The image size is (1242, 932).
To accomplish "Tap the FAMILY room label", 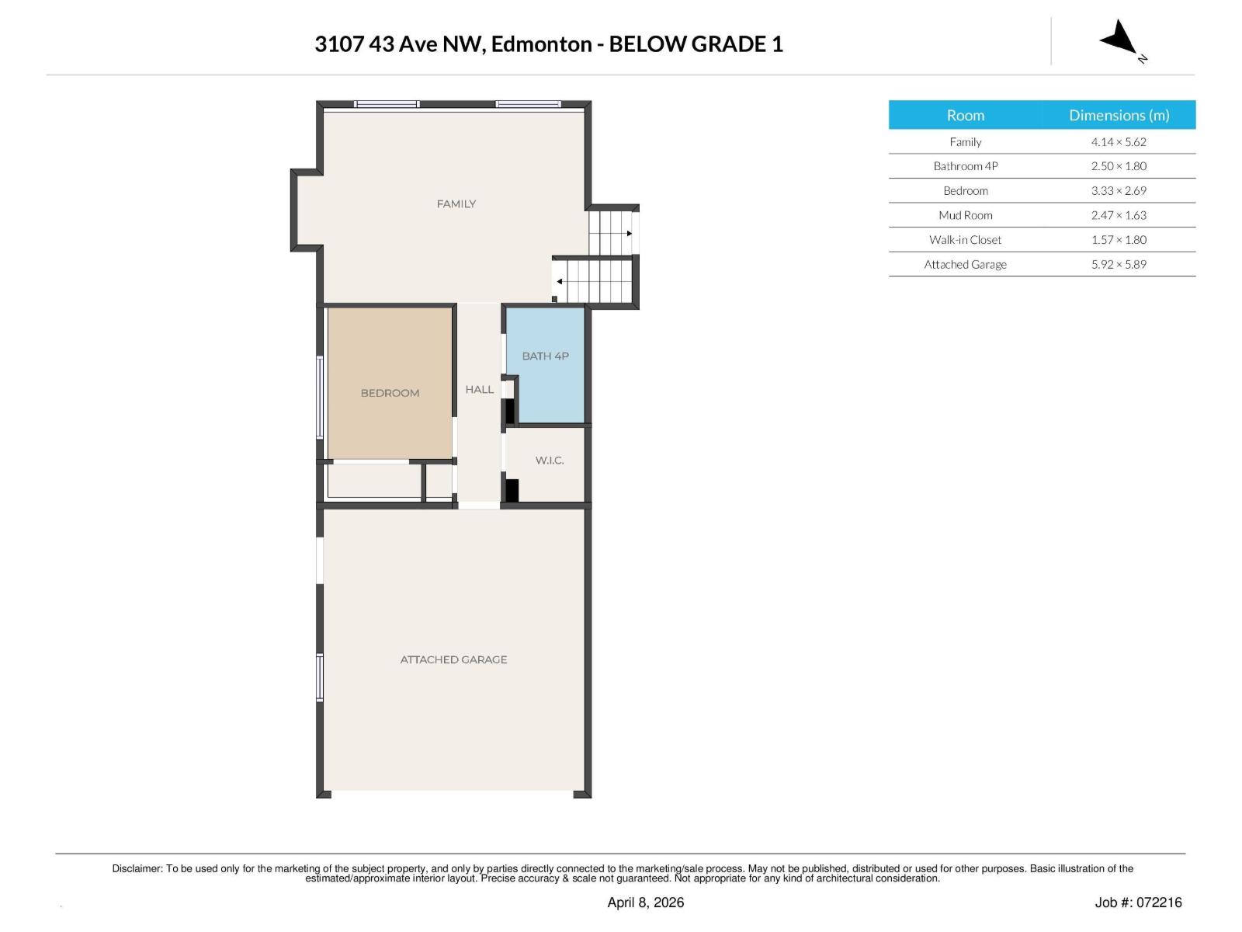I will pyautogui.click(x=456, y=204).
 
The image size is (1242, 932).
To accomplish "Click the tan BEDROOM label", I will pyautogui.click(x=390, y=393).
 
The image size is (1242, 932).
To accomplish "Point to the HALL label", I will pyautogui.click(x=479, y=390).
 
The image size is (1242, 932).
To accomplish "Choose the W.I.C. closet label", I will pyautogui.click(x=550, y=461).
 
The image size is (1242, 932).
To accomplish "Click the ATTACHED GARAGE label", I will pyautogui.click(x=453, y=659).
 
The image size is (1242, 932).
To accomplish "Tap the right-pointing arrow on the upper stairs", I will pyautogui.click(x=630, y=233).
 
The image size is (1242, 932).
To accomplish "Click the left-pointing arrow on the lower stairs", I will pyautogui.click(x=560, y=281).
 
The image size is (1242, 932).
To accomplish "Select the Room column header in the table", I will pyautogui.click(x=965, y=115).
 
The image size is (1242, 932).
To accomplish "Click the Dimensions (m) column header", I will pyautogui.click(x=1119, y=115).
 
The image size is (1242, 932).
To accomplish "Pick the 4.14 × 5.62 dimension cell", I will pyautogui.click(x=1119, y=142).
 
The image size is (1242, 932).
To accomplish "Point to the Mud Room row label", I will pyautogui.click(x=965, y=215).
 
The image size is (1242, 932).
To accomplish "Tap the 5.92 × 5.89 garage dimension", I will pyautogui.click(x=1119, y=264).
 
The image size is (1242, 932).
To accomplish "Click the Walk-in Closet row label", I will pyautogui.click(x=965, y=240).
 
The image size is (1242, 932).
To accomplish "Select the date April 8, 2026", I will pyautogui.click(x=645, y=902).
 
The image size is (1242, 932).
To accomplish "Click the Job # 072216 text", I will pyautogui.click(x=1138, y=902).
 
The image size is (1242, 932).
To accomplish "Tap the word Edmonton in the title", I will pyautogui.click(x=541, y=44).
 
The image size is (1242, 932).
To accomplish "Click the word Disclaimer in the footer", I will pyautogui.click(x=137, y=868).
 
